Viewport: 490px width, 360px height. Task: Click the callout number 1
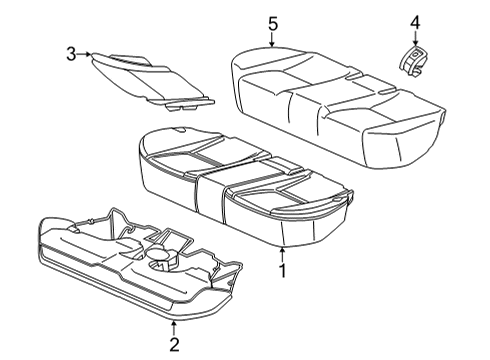pos(282,270)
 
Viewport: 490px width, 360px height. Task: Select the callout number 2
pos(174,344)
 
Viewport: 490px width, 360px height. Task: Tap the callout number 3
pos(71,54)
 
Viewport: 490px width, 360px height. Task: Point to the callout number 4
pos(415,23)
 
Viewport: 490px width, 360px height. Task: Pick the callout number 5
pos(273,24)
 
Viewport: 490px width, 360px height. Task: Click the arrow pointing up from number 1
pos(282,254)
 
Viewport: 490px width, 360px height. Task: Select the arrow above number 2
pos(174,328)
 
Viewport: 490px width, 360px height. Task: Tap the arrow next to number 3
pos(84,54)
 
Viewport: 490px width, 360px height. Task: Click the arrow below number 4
pos(415,39)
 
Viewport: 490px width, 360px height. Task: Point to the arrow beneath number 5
pos(272,40)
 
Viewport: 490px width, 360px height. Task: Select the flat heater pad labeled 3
pos(152,81)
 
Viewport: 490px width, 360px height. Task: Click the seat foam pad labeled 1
pos(243,187)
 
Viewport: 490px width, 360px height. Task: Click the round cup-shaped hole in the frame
pos(159,255)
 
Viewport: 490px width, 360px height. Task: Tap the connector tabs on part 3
pos(182,107)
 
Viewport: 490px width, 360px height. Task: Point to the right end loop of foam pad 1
pos(350,198)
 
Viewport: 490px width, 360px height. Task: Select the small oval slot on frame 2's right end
pos(231,284)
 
